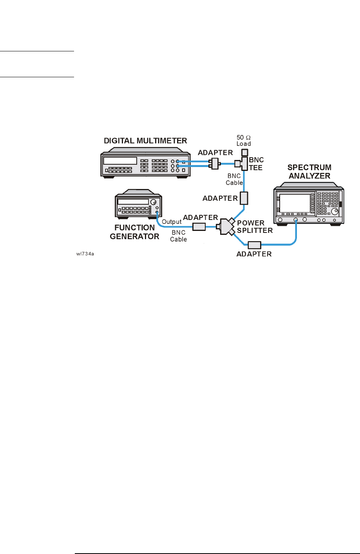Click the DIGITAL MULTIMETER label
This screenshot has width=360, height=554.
click(x=145, y=140)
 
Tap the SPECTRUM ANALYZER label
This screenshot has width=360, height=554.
click(x=309, y=172)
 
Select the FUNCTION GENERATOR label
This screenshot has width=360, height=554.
click(x=134, y=232)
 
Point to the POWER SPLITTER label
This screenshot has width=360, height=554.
click(x=255, y=227)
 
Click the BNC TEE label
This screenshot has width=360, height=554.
click(x=256, y=164)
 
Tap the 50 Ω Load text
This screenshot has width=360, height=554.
click(x=243, y=140)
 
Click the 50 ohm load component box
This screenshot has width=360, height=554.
click(x=244, y=152)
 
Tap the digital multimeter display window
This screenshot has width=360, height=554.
click(x=120, y=161)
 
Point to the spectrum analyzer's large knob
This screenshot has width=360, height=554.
click(x=334, y=211)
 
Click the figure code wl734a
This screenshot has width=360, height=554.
click(x=85, y=254)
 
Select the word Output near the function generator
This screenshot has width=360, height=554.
click(x=172, y=222)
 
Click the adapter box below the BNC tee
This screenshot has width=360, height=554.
click(x=244, y=198)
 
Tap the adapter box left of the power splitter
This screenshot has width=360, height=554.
click(x=199, y=227)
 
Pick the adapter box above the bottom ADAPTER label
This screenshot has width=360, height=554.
click(x=254, y=245)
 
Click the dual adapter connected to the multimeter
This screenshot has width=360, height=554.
click(x=214, y=163)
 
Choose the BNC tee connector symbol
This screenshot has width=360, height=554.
click(x=242, y=163)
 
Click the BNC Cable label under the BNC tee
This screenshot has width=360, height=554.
click(x=234, y=179)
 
